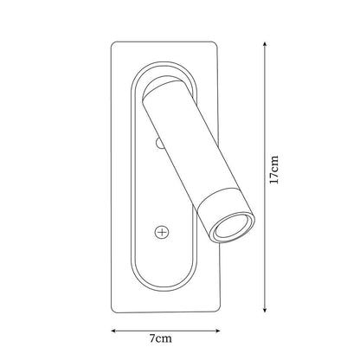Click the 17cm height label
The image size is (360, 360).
point(274,170)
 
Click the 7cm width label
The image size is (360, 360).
point(161,338)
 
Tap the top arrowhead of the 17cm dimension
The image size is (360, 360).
point(265,44)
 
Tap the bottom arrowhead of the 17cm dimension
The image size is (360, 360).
point(265,310)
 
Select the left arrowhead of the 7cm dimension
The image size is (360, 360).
point(114,331)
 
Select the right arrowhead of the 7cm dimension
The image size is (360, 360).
point(218,331)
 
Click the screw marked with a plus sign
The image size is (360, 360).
point(162,232)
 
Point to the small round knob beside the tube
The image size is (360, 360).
point(159,143)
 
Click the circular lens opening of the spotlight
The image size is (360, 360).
point(232,227)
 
